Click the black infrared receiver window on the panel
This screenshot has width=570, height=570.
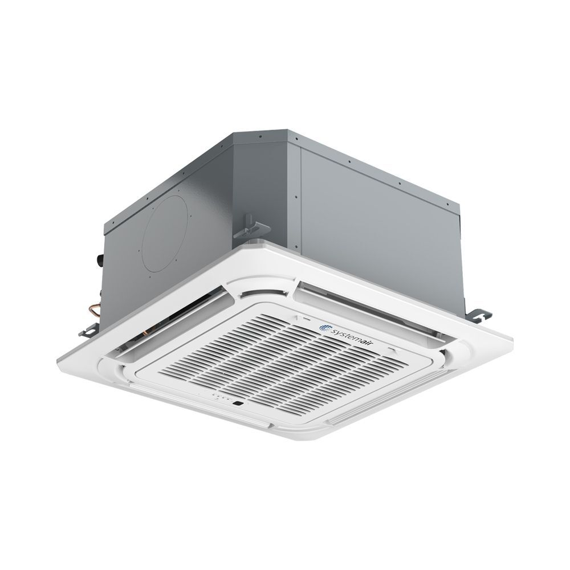coord(238,403)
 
